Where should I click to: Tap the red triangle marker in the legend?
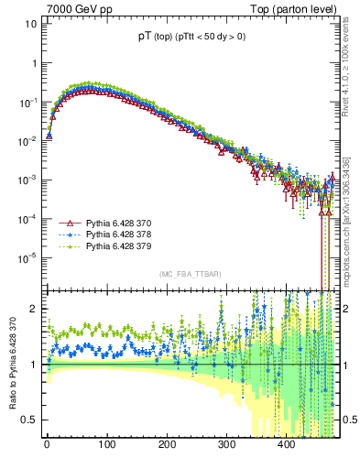[66, 223]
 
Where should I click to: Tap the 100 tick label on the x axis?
[106, 446]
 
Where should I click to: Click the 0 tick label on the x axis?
[47, 446]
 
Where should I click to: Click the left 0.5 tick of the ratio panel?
[27, 420]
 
